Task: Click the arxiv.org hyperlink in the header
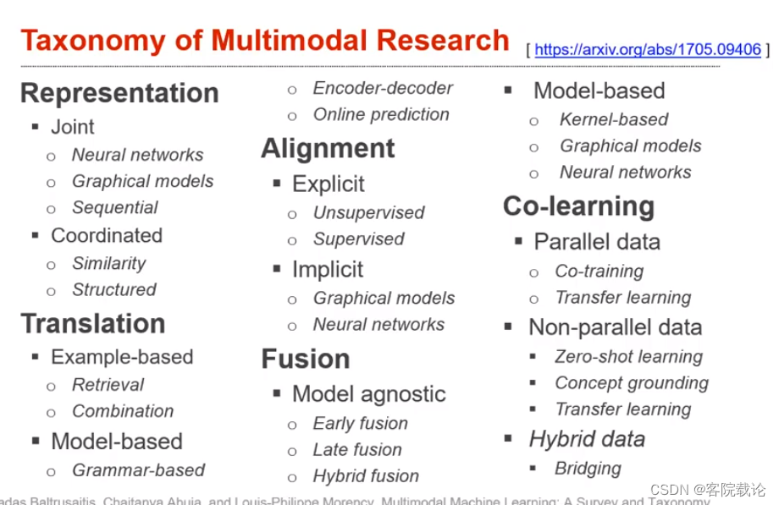tap(647, 50)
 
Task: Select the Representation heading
tap(119, 93)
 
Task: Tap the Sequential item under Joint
tap(115, 207)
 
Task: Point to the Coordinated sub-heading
tap(107, 235)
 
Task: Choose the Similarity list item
tap(109, 263)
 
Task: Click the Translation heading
tap(93, 323)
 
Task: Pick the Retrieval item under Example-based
tap(108, 384)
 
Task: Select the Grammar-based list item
tap(139, 469)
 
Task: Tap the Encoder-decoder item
tap(383, 88)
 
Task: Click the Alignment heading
tap(328, 148)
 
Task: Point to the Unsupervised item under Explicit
tap(368, 212)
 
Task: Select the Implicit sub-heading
tap(328, 270)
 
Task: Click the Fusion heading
tap(306, 359)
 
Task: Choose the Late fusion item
tap(357, 449)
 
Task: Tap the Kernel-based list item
tap(614, 119)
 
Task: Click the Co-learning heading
tap(578, 206)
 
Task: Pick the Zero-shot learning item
tap(628, 356)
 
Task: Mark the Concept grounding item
tap(632, 382)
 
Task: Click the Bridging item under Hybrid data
tap(588, 468)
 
